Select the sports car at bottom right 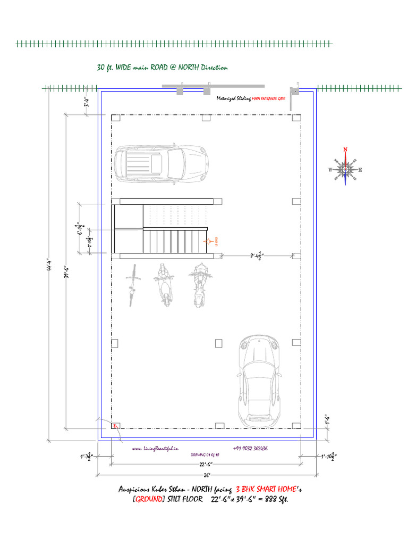pos(259,381)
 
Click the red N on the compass pos(345,150)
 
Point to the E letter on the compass pos(360,170)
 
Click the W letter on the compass pos(330,170)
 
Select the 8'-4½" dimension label pos(256,256)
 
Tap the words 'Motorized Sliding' pos(233,98)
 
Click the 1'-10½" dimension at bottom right pos(328,457)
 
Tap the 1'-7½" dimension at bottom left pos(86,457)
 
